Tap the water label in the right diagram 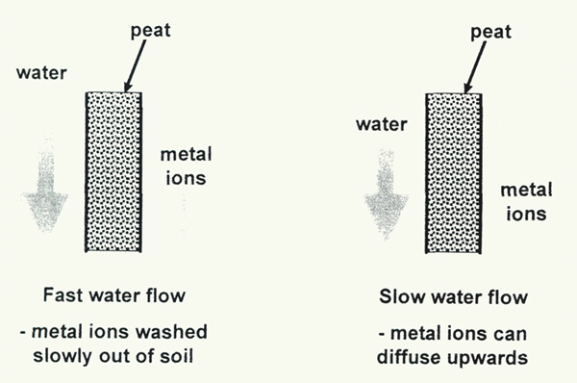(378, 123)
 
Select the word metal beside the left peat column (191, 155)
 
